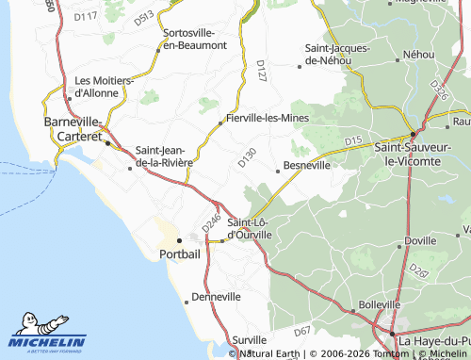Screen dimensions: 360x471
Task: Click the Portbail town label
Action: tap(180, 254)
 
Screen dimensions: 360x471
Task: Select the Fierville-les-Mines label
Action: tap(264, 120)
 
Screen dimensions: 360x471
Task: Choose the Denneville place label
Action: tap(216, 296)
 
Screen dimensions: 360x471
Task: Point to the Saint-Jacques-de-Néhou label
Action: tap(336, 54)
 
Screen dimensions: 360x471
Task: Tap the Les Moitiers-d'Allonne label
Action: tap(104, 87)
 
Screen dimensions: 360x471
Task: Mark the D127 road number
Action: tap(262, 72)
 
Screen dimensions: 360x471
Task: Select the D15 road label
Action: tap(353, 141)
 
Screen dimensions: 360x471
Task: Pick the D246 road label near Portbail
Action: tap(211, 222)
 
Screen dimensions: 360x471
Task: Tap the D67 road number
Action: tap(301, 331)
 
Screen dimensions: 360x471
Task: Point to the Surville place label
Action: tap(250, 339)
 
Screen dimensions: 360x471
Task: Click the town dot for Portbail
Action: tap(179, 239)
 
